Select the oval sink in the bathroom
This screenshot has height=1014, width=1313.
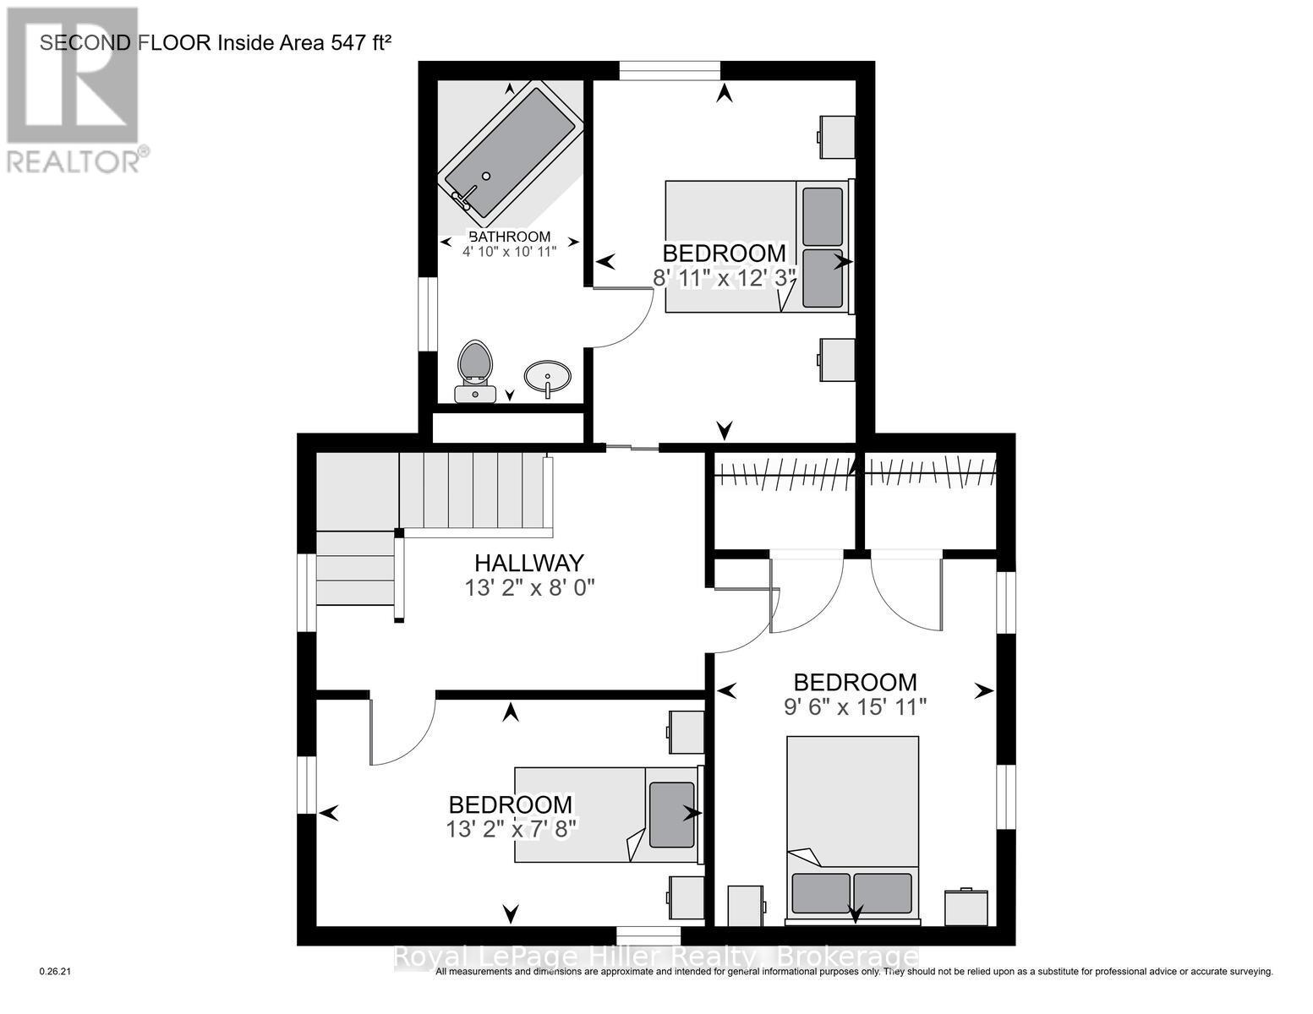547,376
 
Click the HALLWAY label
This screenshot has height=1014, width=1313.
528,563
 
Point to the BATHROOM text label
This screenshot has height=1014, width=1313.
509,237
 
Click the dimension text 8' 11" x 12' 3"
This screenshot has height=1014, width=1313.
725,277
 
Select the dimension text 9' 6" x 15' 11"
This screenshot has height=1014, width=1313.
856,706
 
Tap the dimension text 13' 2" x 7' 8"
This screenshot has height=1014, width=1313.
512,829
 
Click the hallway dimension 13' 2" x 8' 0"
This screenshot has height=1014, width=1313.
530,588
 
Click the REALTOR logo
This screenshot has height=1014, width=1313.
74,89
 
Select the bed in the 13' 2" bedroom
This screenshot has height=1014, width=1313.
607,815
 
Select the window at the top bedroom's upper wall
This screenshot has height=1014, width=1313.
670,70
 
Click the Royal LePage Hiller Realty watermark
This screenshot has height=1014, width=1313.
656,957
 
